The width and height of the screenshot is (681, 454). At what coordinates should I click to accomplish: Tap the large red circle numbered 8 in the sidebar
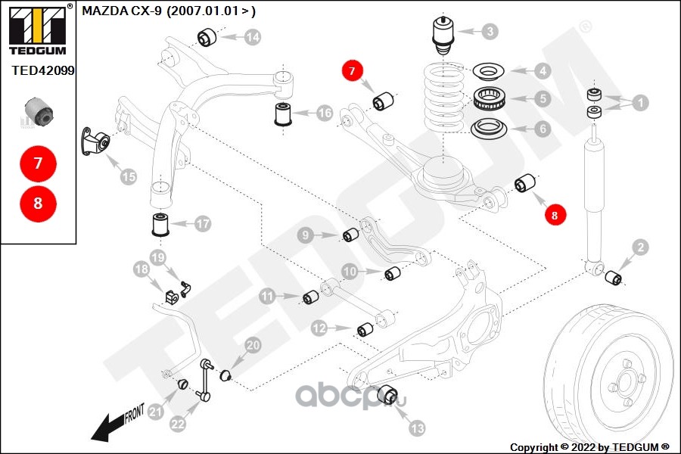[38, 203]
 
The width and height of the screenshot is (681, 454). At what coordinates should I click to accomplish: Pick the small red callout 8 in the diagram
[554, 216]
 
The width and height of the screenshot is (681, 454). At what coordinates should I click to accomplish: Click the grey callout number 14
[252, 36]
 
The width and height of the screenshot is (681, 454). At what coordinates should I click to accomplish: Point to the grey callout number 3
[490, 32]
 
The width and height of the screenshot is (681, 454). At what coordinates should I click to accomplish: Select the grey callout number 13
[418, 428]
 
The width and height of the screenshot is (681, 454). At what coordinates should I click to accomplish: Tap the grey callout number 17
[201, 224]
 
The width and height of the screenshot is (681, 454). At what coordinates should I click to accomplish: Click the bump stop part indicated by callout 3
[442, 36]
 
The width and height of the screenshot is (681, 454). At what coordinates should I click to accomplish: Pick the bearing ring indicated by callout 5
[489, 98]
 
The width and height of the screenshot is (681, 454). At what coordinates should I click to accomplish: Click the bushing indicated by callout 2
[614, 277]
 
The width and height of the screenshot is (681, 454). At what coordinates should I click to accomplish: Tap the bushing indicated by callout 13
[387, 394]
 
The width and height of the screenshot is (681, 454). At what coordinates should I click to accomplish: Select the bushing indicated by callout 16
[283, 115]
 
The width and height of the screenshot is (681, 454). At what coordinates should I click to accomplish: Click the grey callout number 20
[252, 345]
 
